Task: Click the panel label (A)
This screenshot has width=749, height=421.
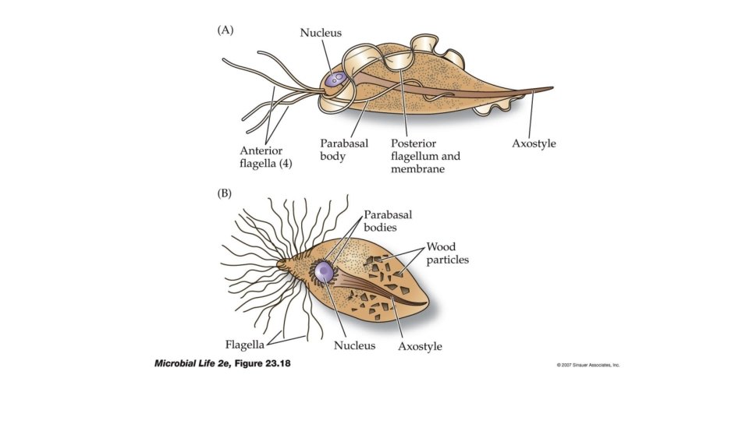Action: click(225, 30)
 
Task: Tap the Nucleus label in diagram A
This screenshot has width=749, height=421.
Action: click(321, 33)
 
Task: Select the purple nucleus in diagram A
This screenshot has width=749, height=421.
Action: click(336, 79)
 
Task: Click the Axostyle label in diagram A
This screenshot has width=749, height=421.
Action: click(534, 143)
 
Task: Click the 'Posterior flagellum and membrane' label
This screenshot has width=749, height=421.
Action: click(425, 156)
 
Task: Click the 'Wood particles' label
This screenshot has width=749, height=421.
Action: click(447, 253)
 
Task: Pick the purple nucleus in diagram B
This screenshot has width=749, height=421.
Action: click(324, 272)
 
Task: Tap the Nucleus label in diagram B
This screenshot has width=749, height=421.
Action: click(354, 345)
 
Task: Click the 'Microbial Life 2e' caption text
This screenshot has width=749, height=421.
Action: click(190, 363)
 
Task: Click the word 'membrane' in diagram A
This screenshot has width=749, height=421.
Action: click(417, 169)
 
